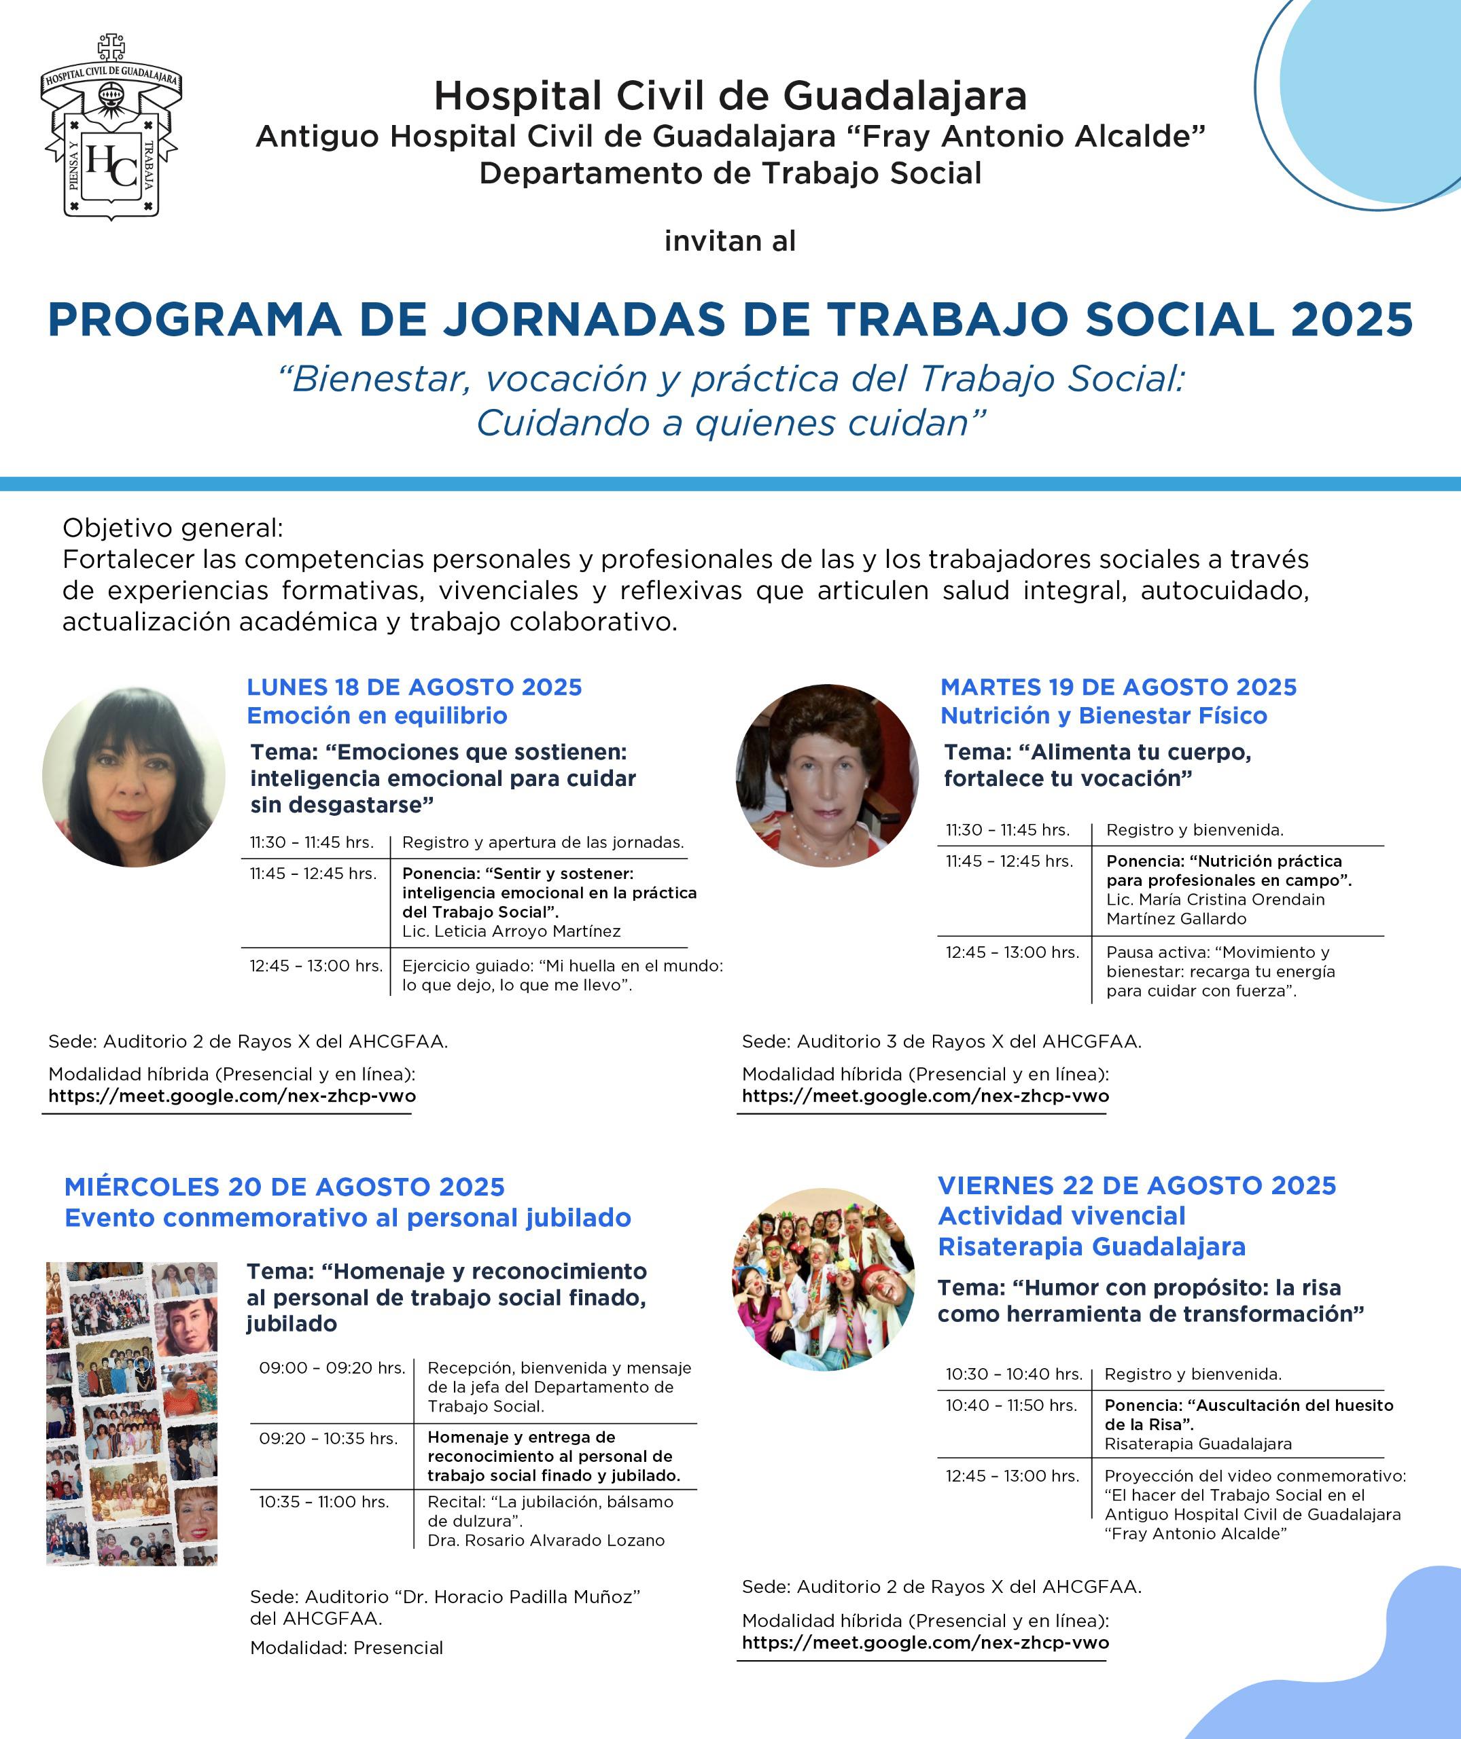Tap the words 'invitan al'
(730, 241)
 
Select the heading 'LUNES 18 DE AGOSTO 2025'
(414, 687)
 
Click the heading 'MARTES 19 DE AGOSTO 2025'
(1118, 687)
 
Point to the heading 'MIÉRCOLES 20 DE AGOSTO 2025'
(284, 1187)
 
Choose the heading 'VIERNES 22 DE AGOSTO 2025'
(1136, 1185)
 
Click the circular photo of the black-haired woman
(133, 776)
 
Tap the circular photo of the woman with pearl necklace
(826, 776)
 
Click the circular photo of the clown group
(824, 1279)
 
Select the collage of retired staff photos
(132, 1413)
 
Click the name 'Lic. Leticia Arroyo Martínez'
(511, 931)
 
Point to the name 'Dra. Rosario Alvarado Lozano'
(546, 1540)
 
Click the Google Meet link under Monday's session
(232, 1096)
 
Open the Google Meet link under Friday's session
(925, 1642)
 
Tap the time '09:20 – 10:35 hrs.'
(328, 1438)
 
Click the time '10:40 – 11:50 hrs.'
(1010, 1405)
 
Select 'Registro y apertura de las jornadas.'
(542, 842)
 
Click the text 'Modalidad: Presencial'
(346, 1647)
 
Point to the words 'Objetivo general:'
(173, 528)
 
